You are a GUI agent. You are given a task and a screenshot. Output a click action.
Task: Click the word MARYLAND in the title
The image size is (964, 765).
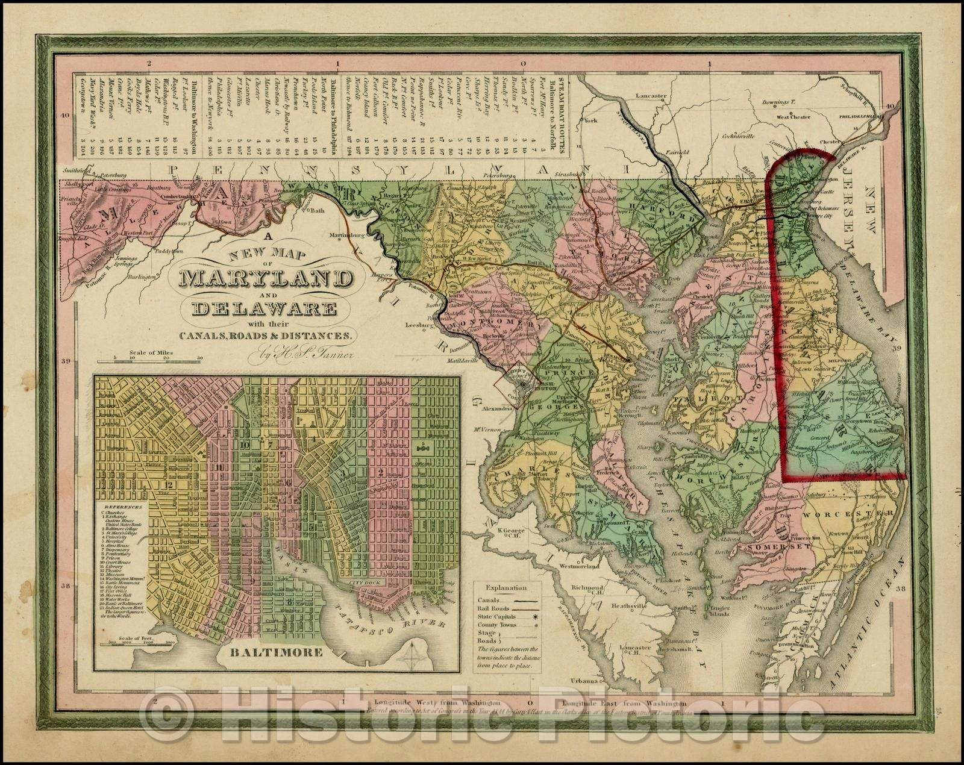[x=265, y=279]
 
